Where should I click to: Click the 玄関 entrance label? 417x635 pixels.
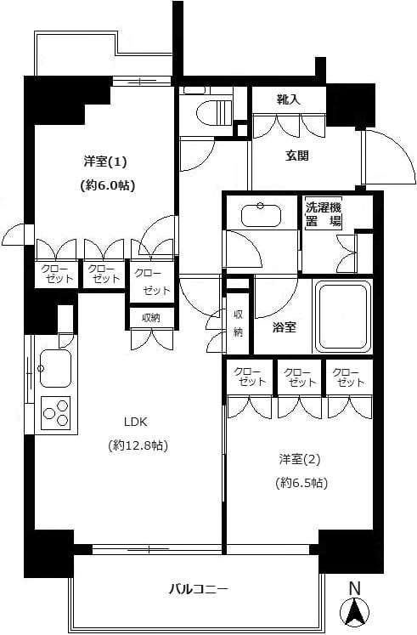point(296,156)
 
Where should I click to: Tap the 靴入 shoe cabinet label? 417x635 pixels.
point(288,100)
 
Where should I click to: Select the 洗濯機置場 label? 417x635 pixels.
point(324,213)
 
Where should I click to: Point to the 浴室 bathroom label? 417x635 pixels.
point(284,326)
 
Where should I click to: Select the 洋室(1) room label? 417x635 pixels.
point(105,161)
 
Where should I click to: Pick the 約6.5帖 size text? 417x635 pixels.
point(301,482)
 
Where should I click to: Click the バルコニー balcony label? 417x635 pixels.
point(198,588)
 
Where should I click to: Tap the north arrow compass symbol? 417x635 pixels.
point(355,611)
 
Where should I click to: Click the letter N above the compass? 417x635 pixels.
point(355,587)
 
